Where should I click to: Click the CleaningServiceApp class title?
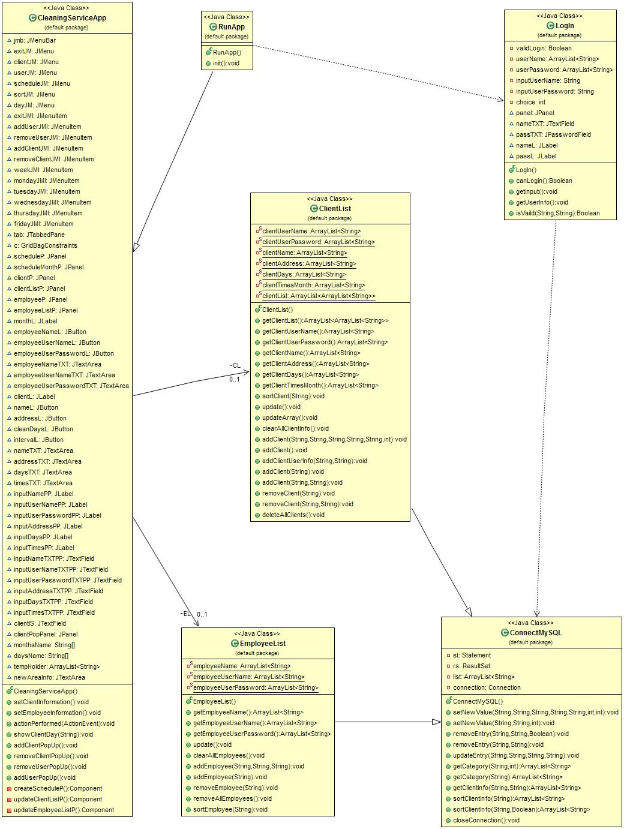click(71, 18)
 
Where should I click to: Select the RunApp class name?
click(231, 27)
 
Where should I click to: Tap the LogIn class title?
click(565, 26)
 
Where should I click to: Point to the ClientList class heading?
click(335, 209)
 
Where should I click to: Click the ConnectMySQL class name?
click(535, 633)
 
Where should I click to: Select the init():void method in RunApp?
click(226, 63)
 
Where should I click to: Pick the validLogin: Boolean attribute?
click(544, 48)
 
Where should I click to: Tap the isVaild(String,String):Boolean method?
click(557, 213)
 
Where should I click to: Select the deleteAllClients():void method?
click(293, 515)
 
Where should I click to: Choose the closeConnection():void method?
click(486, 820)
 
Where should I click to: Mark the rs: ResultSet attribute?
click(472, 666)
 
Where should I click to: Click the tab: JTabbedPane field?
click(39, 235)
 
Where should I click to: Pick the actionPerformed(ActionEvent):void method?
click(64, 723)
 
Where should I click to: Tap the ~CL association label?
click(234, 365)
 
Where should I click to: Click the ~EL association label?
click(185, 614)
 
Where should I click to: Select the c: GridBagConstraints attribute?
click(45, 245)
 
